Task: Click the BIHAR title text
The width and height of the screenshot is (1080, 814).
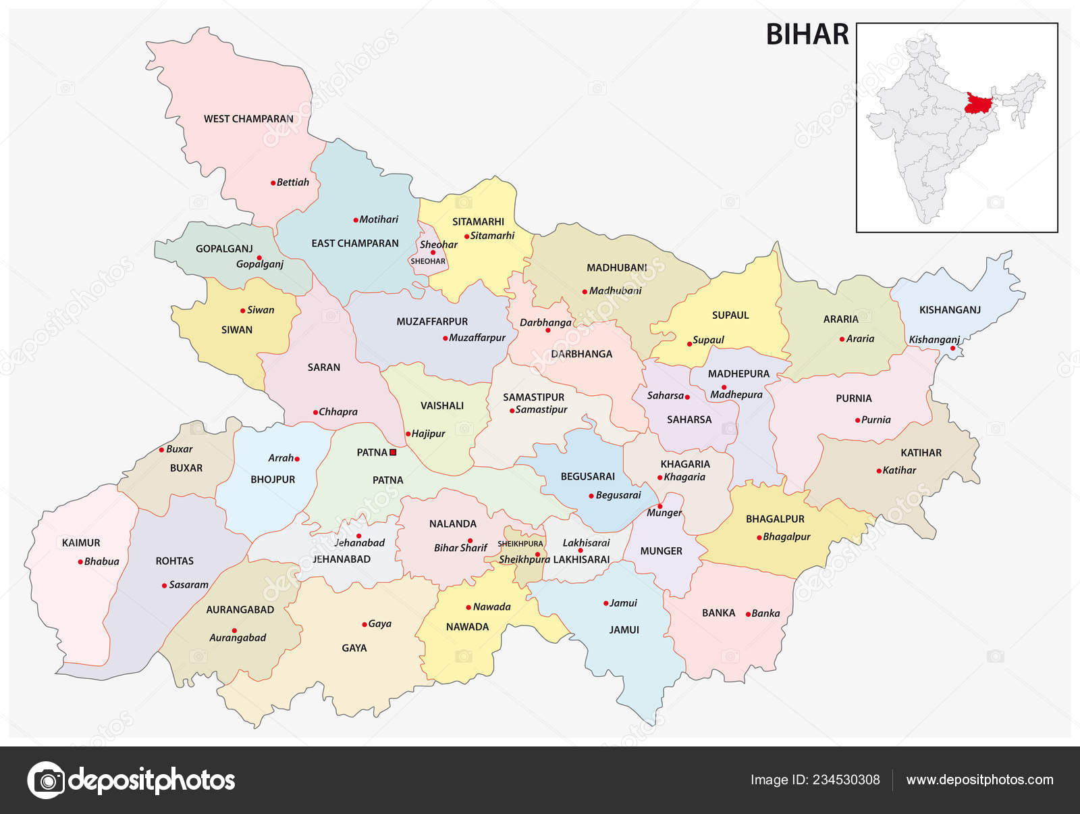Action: (807, 34)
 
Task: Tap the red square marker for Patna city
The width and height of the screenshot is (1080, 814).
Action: (393, 453)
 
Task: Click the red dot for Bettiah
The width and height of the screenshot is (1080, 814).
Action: (273, 182)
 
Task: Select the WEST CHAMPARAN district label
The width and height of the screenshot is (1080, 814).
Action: (248, 119)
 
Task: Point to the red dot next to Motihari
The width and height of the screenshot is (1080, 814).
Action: (356, 220)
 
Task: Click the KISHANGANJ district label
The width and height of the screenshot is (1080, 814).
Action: (950, 310)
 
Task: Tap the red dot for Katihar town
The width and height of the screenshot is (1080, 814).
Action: (879, 471)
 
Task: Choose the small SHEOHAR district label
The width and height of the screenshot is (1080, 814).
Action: (428, 261)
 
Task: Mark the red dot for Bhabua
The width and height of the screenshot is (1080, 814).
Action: (80, 561)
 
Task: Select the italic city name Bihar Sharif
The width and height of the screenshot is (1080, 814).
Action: (460, 548)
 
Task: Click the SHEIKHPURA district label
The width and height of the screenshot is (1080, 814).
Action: (520, 544)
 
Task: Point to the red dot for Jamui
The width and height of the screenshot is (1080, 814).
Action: (605, 603)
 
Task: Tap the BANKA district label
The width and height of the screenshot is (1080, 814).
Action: (718, 613)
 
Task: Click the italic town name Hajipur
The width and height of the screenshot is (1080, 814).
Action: (429, 434)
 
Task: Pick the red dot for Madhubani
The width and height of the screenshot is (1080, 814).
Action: (585, 292)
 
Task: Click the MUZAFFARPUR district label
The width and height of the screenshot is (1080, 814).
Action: (432, 322)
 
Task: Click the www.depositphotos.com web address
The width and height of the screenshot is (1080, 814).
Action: (979, 780)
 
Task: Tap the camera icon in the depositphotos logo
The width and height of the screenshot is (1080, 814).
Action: (46, 780)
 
